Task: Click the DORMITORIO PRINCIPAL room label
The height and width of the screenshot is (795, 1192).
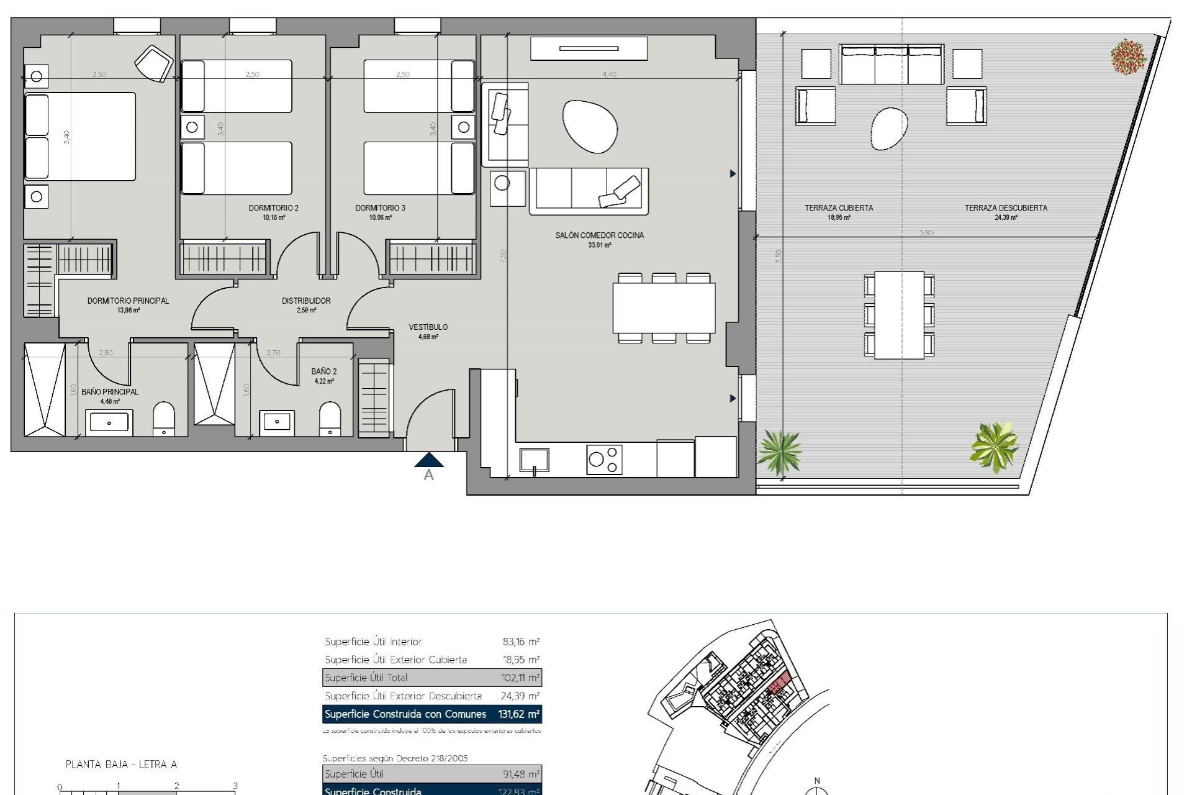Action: [128, 301]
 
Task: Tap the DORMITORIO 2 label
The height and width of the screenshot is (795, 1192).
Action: [273, 208]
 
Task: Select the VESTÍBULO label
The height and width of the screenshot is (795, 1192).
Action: [428, 327]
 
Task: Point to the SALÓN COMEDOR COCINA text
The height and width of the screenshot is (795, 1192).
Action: [599, 235]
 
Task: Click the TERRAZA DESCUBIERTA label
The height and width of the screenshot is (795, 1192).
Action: [1005, 208]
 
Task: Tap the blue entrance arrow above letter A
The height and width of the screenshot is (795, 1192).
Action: [428, 460]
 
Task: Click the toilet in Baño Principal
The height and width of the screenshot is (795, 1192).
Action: [164, 418]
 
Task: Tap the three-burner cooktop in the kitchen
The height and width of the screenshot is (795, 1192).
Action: [604, 460]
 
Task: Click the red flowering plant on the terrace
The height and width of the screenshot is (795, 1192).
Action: [1128, 57]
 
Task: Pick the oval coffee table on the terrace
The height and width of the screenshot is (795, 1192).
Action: [889, 129]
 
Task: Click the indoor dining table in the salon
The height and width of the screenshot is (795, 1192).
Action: [664, 307]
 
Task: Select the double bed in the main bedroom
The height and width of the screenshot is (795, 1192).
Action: [79, 137]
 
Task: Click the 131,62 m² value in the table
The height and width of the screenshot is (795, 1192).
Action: [519, 714]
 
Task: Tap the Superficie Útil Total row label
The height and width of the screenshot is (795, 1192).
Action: [366, 678]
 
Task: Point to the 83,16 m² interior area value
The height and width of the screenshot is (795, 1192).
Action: [521, 642]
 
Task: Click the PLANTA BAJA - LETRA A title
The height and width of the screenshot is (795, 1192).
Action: [122, 765]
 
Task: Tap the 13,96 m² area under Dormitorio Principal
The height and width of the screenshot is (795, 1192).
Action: [129, 310]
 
